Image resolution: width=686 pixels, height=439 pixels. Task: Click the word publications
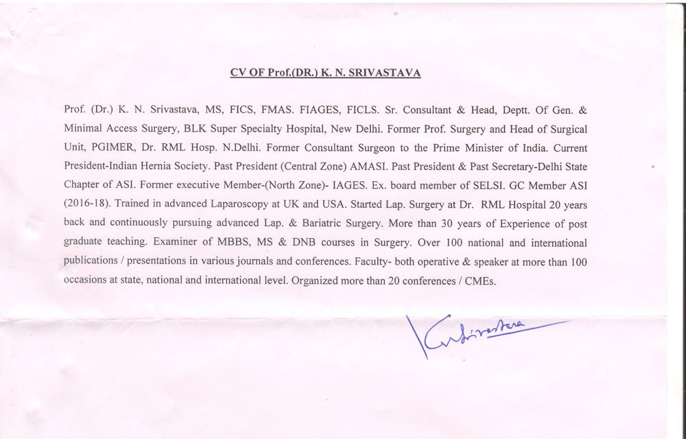91,262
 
